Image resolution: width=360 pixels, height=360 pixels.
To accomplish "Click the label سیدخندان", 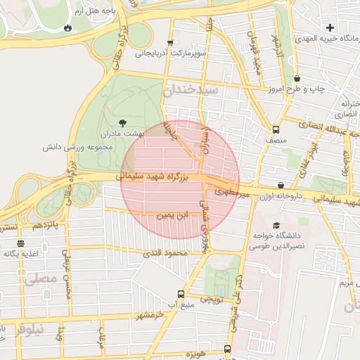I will click(x=191, y=91).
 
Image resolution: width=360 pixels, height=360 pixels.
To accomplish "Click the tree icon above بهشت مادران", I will click(x=124, y=122).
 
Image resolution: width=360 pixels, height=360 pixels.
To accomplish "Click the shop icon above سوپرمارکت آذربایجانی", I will click(x=170, y=42).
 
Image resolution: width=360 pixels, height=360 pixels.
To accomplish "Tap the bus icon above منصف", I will click(x=275, y=129).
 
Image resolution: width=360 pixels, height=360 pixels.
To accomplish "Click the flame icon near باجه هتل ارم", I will click(x=67, y=28).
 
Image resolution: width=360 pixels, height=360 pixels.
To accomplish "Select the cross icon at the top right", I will click(x=330, y=27).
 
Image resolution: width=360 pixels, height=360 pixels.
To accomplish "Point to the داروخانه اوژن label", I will click(x=281, y=197).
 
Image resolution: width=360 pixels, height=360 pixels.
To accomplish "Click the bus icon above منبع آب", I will click(x=181, y=294).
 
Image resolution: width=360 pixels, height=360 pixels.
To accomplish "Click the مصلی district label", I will click(x=40, y=278).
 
